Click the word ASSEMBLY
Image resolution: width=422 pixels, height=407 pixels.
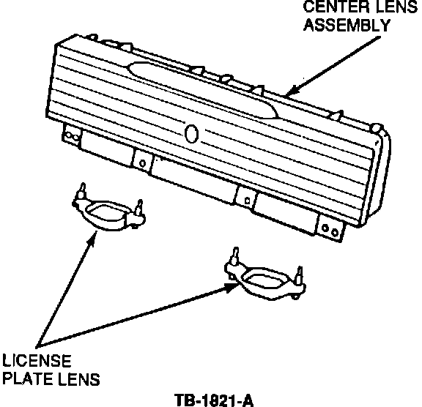[347, 26]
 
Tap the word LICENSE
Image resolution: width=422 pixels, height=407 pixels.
[37, 360]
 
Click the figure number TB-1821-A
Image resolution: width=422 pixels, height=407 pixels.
[214, 400]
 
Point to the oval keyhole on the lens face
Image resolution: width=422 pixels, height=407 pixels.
[192, 134]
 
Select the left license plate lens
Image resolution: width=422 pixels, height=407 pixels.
[108, 212]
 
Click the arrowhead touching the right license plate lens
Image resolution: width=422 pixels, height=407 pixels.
[232, 288]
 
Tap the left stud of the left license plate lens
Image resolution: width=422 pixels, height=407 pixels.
[82, 190]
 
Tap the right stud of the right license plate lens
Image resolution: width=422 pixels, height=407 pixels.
[299, 275]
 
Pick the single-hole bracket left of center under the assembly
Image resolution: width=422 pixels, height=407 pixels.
[142, 161]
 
